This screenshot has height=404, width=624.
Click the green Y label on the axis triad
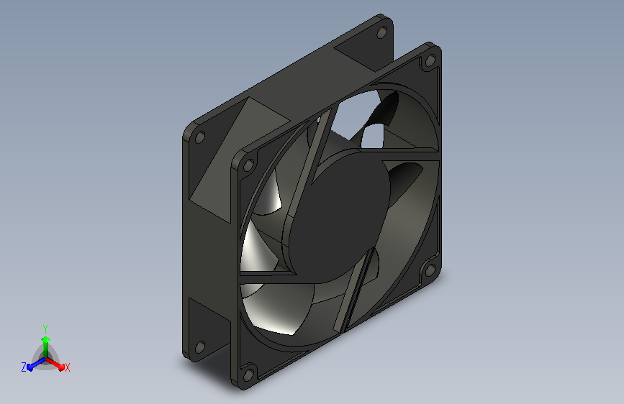pos(45,329)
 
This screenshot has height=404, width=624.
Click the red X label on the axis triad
pos(67,367)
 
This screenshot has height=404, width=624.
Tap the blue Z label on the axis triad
pos(24,367)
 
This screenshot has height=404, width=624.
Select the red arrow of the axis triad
pos(55,364)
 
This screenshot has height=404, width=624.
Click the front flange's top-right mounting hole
pos(430,60)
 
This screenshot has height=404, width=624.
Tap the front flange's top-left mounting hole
pos(248,165)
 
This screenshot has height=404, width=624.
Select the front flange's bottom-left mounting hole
pos(248,375)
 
